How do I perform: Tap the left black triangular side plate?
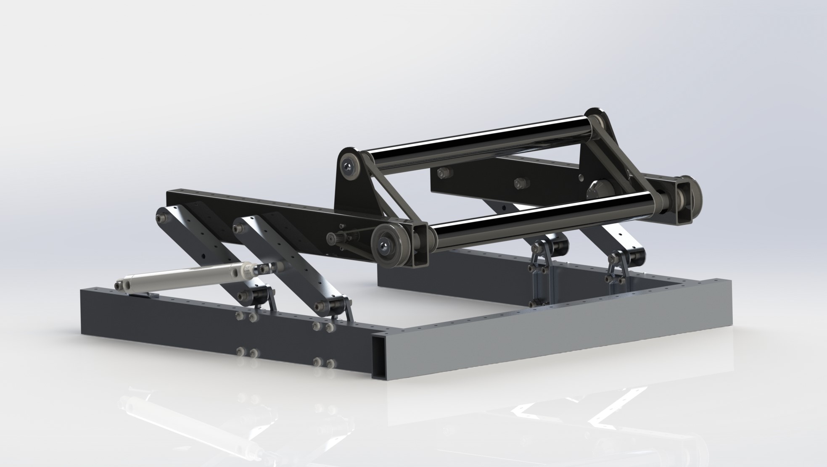353,193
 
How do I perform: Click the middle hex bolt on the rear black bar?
519,182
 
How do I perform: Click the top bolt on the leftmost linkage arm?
161,219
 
